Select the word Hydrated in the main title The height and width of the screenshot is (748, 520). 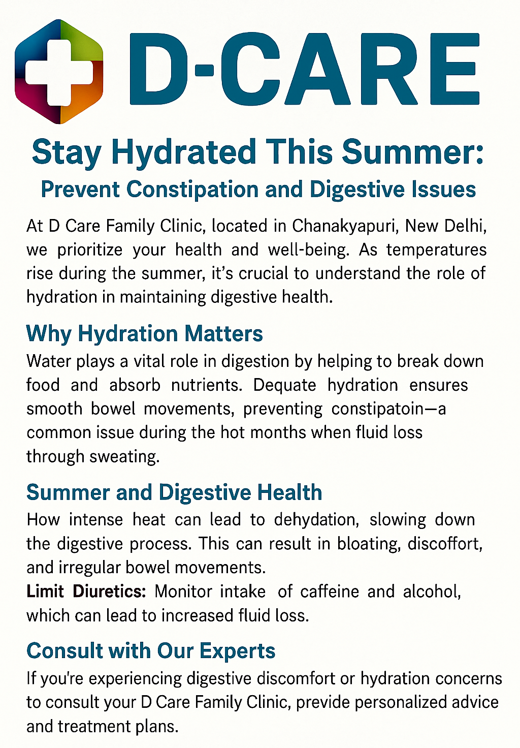(x=183, y=152)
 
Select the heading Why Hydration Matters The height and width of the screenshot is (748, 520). (x=144, y=334)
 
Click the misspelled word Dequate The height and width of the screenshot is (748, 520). (x=284, y=385)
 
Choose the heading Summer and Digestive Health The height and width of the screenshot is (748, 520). (x=174, y=492)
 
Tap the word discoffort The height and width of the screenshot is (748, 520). (x=445, y=543)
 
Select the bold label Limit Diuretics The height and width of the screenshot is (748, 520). (x=86, y=591)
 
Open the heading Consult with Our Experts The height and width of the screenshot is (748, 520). (x=151, y=651)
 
